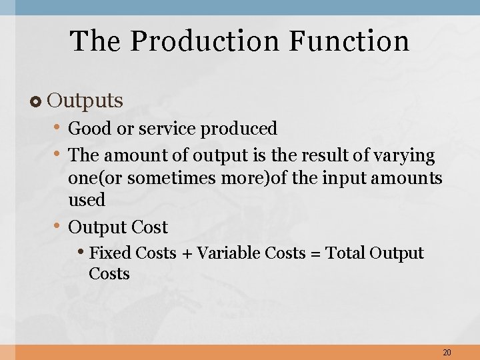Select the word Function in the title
(x=349, y=41)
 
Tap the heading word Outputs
(x=85, y=101)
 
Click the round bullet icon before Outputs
(x=36, y=101)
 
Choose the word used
(x=87, y=200)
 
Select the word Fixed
(x=110, y=253)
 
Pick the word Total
(x=345, y=253)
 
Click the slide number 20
(x=446, y=352)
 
